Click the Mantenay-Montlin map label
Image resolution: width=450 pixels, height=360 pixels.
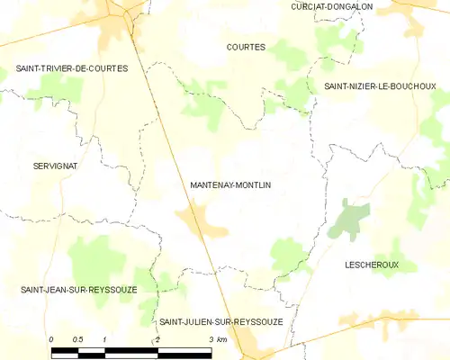click(230, 184)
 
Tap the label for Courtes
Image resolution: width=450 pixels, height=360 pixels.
click(246, 47)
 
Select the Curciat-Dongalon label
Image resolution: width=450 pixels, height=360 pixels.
click(331, 6)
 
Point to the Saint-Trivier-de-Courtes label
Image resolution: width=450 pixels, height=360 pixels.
click(72, 68)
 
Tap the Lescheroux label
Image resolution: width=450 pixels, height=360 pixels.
click(371, 265)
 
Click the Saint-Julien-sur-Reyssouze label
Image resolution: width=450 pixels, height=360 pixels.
click(220, 321)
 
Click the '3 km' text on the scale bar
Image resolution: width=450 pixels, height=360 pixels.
click(217, 339)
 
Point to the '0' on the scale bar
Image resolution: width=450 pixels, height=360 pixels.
click(51, 339)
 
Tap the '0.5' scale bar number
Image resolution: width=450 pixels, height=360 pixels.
click(77, 339)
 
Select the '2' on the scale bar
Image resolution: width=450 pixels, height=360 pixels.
click(157, 339)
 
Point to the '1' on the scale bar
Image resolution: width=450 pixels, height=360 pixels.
click(104, 339)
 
